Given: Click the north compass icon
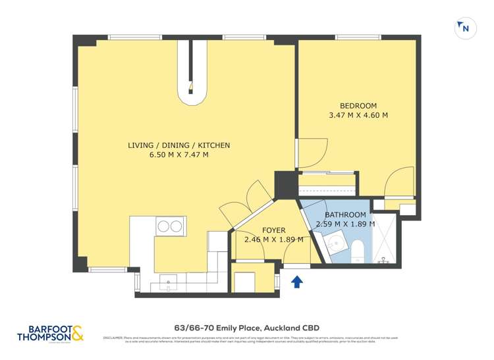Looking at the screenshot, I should [465, 28].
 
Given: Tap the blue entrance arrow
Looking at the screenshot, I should [296, 282].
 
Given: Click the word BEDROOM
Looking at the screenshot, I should [358, 106].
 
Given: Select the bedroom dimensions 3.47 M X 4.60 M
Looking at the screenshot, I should [358, 115].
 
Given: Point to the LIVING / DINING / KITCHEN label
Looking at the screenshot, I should [178, 145].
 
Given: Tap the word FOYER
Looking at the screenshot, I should [273, 230].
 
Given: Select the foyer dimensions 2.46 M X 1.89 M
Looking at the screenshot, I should [273, 240].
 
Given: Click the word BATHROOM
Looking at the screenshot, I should [345, 215].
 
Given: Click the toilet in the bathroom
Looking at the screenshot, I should [358, 251].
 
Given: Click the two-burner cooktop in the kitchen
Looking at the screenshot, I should [169, 226].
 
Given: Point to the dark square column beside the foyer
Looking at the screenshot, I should [286, 183].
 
